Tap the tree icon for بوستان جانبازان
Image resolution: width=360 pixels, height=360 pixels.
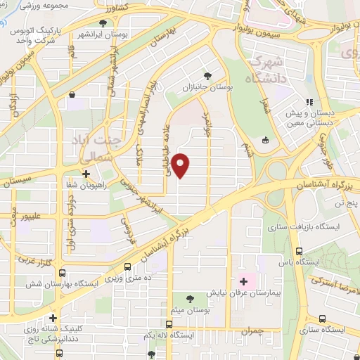[x=206, y=75]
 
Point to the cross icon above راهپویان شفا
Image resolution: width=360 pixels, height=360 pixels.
[x=86, y=174]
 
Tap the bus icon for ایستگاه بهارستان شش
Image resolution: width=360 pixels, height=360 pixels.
[x=62, y=273]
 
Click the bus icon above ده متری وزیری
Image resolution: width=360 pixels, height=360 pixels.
[x=127, y=267]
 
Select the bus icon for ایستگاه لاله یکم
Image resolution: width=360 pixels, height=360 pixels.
[x=169, y=324]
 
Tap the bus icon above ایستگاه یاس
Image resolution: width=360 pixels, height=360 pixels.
[x=299, y=251]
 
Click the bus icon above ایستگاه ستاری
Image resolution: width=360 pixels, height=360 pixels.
[x=322, y=319]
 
